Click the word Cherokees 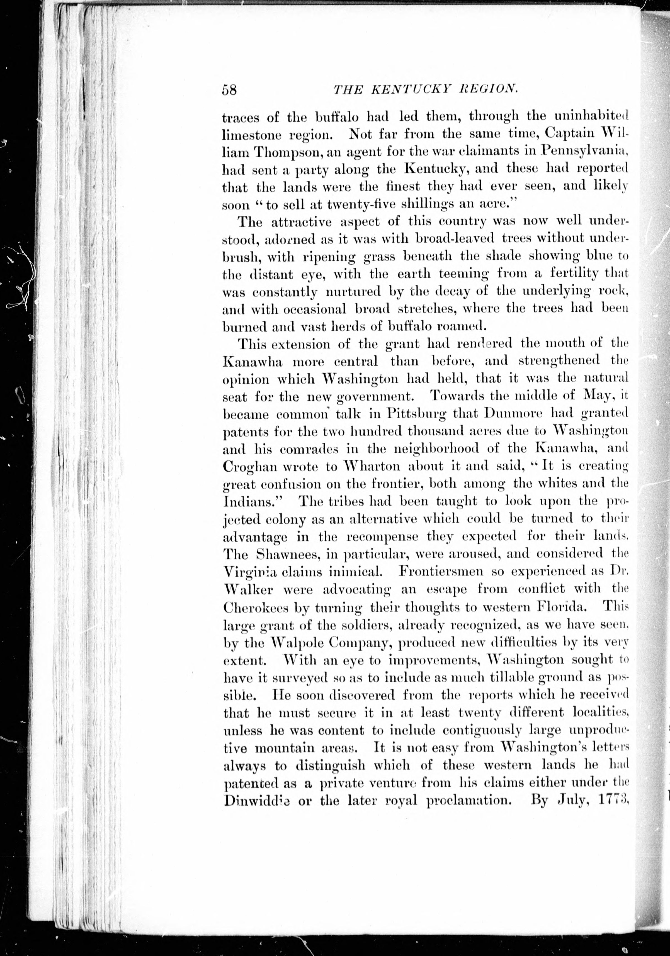tap(255, 608)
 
